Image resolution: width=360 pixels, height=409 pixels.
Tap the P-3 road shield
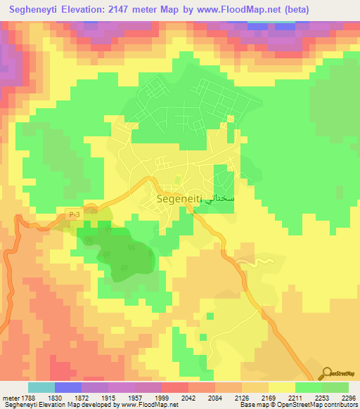[x=74, y=213]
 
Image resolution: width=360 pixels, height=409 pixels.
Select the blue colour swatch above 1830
[x=68, y=387]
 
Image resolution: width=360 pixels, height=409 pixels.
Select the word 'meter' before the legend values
[x=9, y=398]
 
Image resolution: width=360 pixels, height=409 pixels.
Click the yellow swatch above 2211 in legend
[x=281, y=387]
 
